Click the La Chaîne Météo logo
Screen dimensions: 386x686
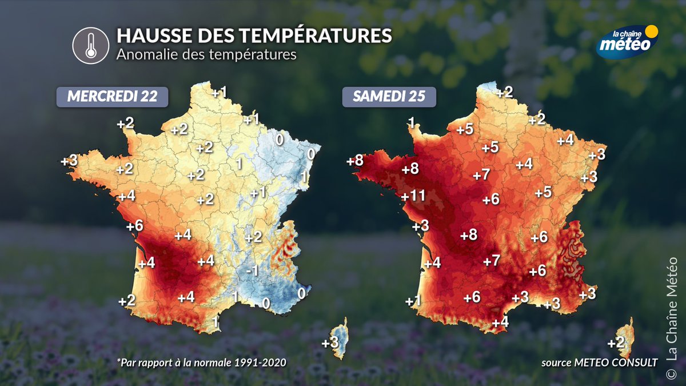pos(627,41)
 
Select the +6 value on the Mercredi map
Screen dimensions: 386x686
pos(134,225)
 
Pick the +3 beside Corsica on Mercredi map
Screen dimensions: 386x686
pos(329,343)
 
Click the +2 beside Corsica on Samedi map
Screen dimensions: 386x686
pos(615,343)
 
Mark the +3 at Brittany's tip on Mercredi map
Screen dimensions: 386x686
pos(69,161)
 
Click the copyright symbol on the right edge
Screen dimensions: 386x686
pos(673,373)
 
